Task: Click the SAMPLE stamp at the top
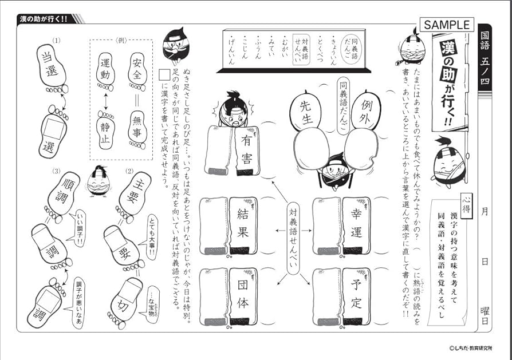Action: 447,25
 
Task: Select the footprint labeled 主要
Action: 135,195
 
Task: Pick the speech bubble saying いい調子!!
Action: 78,227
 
